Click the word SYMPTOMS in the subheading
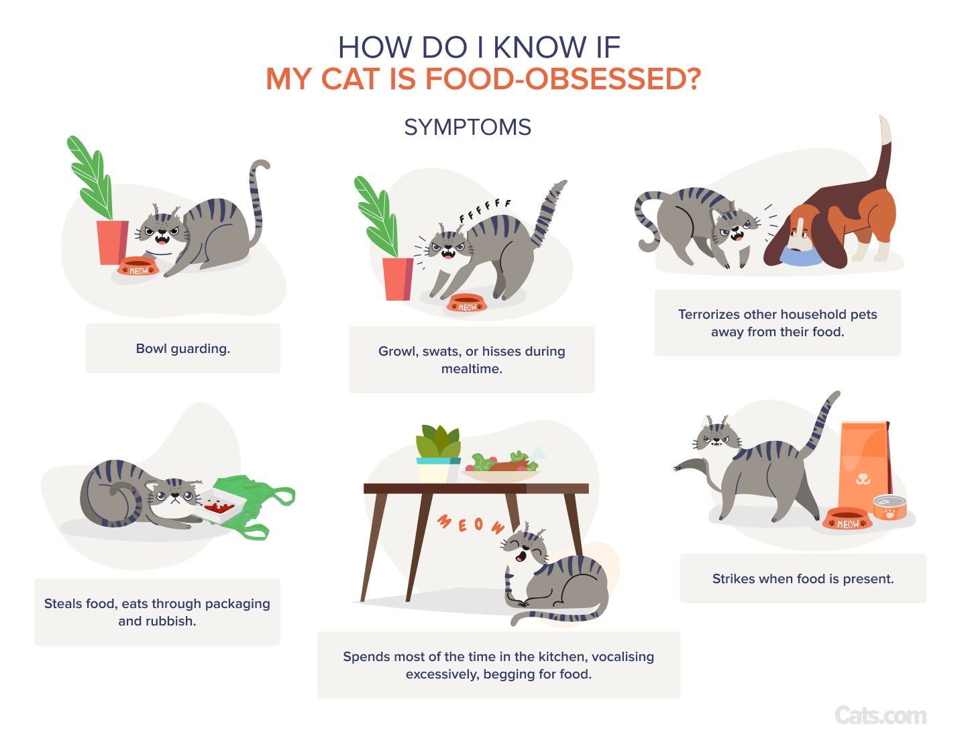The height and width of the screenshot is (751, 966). coord(467,127)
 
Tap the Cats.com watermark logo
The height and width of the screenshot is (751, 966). coord(880,715)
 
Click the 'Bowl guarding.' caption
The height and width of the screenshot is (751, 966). coord(182,348)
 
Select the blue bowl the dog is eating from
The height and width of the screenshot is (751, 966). coord(800,256)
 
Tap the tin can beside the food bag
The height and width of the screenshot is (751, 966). coord(890,507)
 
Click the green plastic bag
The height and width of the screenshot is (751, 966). coord(254,507)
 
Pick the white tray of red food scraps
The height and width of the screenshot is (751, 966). coord(220,505)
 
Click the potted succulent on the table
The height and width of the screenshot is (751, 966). coord(438,454)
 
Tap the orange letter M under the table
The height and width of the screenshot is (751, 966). coord(444,521)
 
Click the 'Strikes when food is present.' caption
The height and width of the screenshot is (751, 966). coord(803,579)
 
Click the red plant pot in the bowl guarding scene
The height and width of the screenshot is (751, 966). coord(113,242)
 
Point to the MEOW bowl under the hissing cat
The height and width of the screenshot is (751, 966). coord(467,303)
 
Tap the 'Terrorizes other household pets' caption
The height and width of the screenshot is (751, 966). coord(777,314)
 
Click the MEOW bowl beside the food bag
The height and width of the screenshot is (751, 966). coord(847,519)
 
